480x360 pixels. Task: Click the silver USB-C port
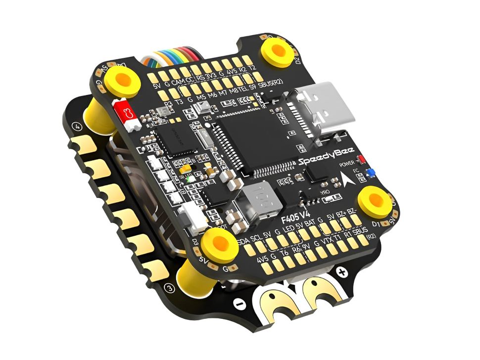coord(325,110)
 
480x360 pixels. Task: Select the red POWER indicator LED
coord(361,160)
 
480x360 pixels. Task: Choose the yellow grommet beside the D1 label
coord(375,199)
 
